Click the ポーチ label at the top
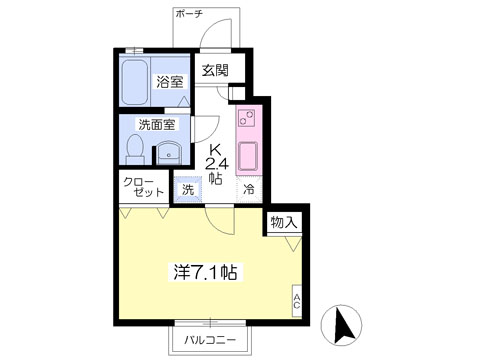tap(189, 14)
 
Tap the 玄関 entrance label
tap(215, 70)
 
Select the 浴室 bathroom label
tap(170, 82)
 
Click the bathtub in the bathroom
tap(135, 82)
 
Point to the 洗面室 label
tap(157, 125)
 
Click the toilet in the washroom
tap(135, 149)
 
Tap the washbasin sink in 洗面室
tap(169, 153)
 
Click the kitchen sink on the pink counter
tap(247, 156)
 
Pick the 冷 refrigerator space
tap(249, 189)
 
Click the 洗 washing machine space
tap(188, 189)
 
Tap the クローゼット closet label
tap(144, 187)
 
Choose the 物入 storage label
tap(284, 222)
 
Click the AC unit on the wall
tap(297, 301)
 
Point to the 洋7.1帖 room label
tap(206, 272)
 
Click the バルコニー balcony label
tap(210, 340)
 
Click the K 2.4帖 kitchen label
tap(216, 165)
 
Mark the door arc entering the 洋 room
tap(217, 225)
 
